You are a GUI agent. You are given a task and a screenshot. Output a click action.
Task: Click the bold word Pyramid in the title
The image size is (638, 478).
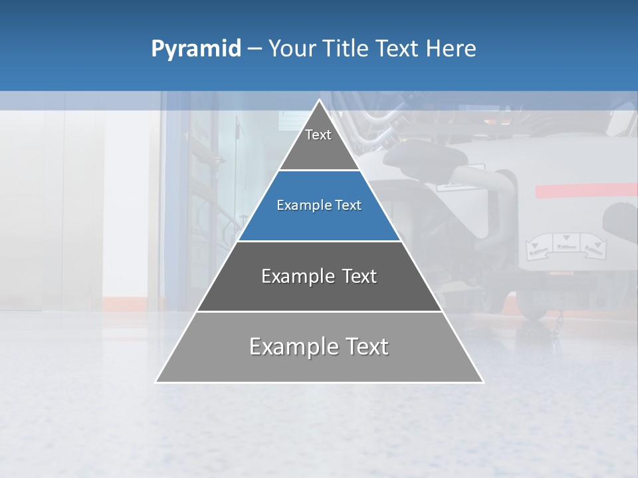(x=196, y=49)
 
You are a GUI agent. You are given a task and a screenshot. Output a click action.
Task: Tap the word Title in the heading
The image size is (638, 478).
(x=348, y=49)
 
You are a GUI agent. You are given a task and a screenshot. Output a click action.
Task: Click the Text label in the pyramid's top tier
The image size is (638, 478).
(x=318, y=135)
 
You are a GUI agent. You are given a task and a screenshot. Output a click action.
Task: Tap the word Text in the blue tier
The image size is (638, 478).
(x=348, y=206)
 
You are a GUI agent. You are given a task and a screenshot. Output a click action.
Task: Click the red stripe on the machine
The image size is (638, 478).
(x=585, y=191)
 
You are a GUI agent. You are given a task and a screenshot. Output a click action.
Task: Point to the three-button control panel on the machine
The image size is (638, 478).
(x=564, y=246)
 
